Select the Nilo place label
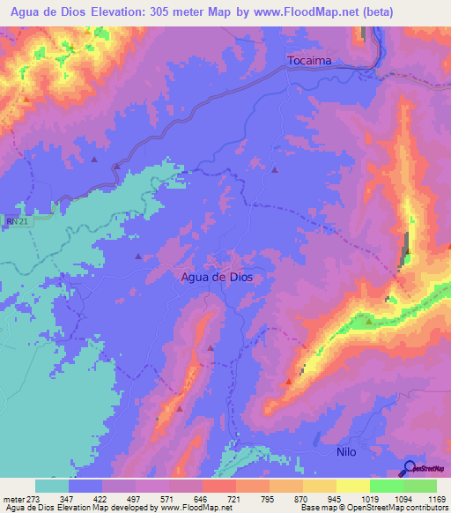[347, 450]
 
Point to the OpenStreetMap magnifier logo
[410, 468]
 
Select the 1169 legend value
[433, 498]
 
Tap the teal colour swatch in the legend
[52, 486]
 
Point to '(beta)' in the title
[373, 12]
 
